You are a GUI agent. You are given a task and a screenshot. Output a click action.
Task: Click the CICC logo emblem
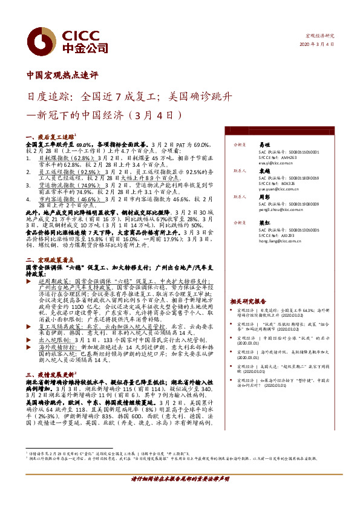[42, 39]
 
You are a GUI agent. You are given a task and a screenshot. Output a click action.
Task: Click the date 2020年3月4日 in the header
[316, 44]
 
